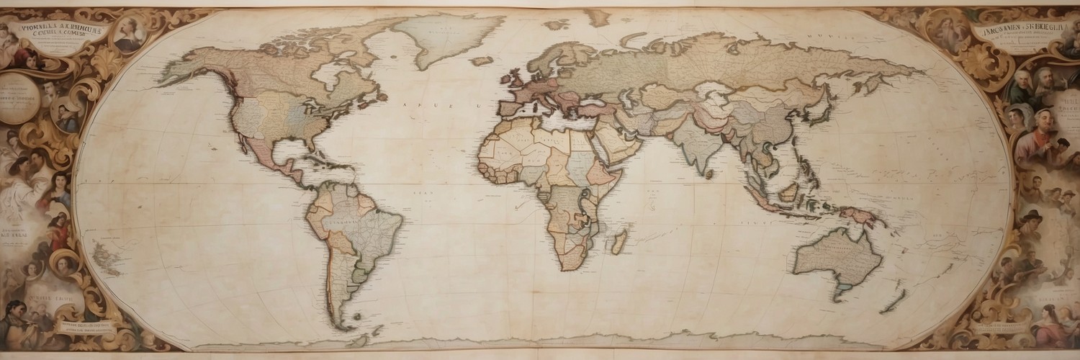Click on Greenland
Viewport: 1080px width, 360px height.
pos(446,36)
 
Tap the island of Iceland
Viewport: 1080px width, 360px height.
pos(482,61)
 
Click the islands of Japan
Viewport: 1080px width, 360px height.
pos(821,108)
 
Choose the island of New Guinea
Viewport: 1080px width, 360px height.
pos(860,214)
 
